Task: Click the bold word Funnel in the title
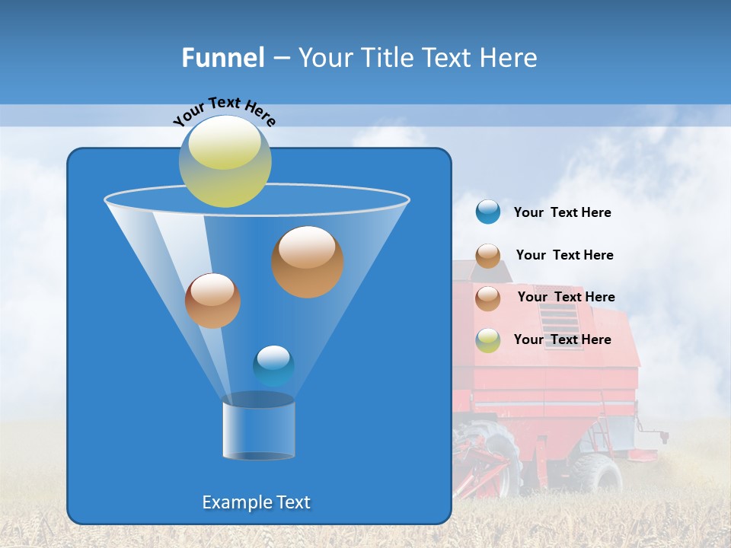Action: point(222,58)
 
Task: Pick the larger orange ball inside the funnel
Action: point(308,262)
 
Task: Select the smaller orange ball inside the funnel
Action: point(212,301)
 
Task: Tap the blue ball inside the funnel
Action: point(273,365)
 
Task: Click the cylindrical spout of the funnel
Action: point(259,430)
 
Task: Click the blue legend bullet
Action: point(488,212)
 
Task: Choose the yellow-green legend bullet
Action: point(488,340)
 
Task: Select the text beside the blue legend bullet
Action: point(562,213)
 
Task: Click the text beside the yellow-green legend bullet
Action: point(562,339)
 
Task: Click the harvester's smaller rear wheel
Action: point(599,473)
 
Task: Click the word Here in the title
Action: point(510,58)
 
